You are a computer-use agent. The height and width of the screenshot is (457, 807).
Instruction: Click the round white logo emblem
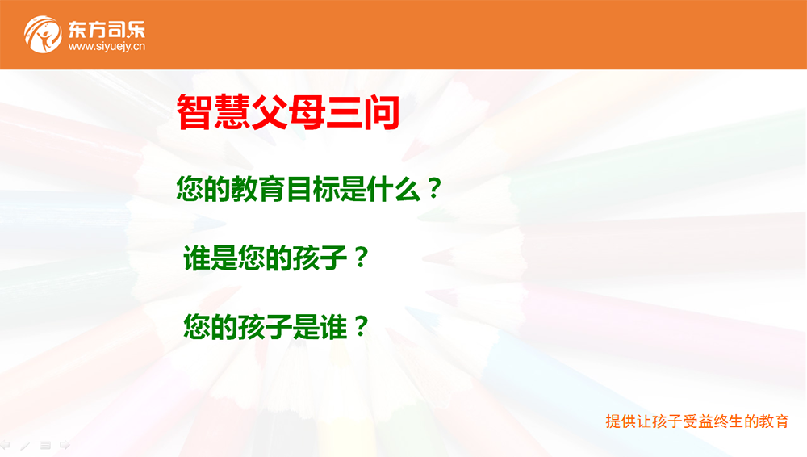coord(43,35)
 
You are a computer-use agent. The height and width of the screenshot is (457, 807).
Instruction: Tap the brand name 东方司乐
coord(107,29)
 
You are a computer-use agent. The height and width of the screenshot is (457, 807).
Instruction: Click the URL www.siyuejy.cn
coord(107,46)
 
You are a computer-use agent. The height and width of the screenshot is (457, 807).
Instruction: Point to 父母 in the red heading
coord(288,111)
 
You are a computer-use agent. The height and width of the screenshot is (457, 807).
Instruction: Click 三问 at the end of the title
coord(362,111)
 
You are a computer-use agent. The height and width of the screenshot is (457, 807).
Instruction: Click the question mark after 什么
coord(435,189)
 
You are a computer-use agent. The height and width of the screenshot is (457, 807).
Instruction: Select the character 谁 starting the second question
coord(197,258)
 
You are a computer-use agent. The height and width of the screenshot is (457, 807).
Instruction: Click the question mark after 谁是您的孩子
coord(362,258)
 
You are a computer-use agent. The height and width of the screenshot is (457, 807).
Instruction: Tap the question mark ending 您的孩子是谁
coord(362,327)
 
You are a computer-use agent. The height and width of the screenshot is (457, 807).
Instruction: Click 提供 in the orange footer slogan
coord(621,421)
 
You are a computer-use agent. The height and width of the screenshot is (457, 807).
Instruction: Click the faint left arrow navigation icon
coord(5,445)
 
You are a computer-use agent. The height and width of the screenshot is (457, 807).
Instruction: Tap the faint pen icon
coord(25,445)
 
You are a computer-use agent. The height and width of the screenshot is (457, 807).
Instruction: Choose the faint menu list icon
coord(45,445)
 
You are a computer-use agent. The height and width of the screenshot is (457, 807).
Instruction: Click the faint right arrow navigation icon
coord(65,445)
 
